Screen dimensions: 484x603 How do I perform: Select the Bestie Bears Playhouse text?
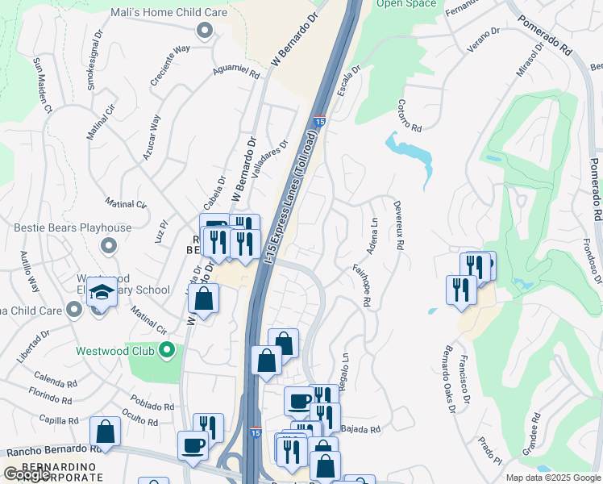click(73, 228)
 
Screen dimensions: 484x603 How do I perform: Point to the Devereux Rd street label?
click(397, 226)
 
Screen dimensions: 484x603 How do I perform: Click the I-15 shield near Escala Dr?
click(318, 121)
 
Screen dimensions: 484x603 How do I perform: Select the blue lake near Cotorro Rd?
click(411, 153)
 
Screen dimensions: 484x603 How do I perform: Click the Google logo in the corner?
click(27, 475)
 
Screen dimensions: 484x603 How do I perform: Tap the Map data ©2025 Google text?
click(552, 478)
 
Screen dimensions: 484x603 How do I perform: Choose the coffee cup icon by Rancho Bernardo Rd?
click(193, 445)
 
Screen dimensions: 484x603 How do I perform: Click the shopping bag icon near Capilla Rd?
click(105, 432)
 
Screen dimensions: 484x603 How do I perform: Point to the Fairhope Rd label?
click(361, 287)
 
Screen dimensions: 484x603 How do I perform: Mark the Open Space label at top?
click(405, 4)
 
